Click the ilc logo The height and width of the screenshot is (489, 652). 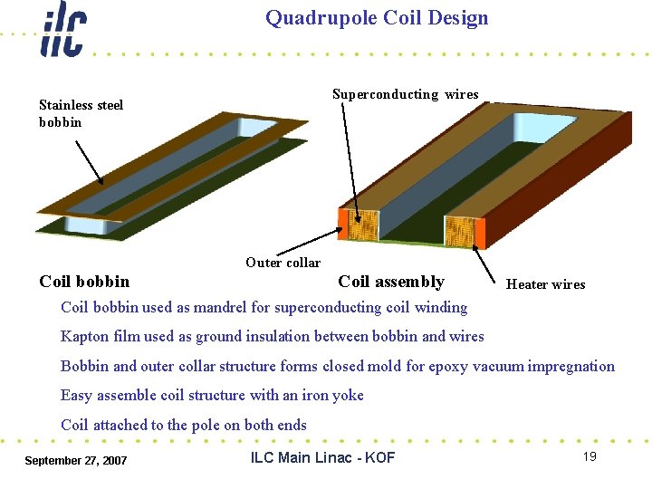pos(62,30)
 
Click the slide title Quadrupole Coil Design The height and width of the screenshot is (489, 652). pos(377,18)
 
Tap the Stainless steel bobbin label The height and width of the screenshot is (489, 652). pos(81,113)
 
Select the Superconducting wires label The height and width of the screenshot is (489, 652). pos(405,94)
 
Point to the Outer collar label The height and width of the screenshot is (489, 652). pos(283,263)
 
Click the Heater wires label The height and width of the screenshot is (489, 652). pos(545,284)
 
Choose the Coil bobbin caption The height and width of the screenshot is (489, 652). pos(84,282)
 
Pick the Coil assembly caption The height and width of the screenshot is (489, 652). pos(391,282)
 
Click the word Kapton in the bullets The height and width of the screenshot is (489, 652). pos(86,337)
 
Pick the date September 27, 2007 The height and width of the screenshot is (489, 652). pos(76,461)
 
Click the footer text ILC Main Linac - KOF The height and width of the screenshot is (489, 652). pos(322,457)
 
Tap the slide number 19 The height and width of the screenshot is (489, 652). pos(590,456)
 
